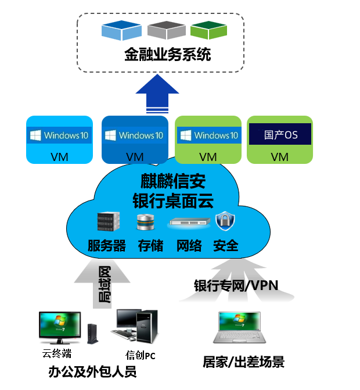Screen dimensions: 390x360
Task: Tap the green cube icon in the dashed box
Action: [x=208, y=30]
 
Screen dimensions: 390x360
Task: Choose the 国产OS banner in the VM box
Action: [x=280, y=135]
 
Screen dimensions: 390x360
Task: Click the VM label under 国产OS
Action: [x=280, y=156]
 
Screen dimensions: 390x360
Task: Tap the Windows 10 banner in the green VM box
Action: [x=208, y=135]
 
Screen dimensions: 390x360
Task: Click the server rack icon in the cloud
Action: [x=109, y=221]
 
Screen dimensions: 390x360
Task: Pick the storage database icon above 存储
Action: [x=145, y=222]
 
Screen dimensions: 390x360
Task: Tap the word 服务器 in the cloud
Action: [x=107, y=245]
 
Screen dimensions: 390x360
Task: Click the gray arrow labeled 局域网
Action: [x=103, y=284]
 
